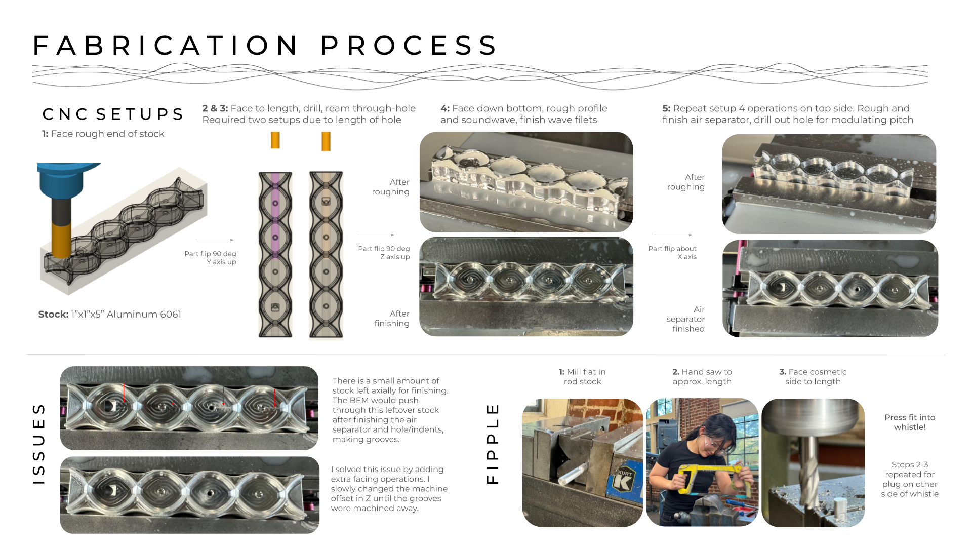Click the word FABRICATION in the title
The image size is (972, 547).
[166, 46]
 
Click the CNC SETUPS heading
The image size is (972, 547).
[113, 114]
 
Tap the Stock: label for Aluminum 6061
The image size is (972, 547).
[53, 314]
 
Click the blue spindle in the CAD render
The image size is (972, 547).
[63, 180]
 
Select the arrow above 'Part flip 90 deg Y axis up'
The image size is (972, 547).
[215, 240]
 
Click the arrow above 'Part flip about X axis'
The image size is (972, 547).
[673, 235]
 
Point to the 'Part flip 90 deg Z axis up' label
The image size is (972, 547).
[384, 253]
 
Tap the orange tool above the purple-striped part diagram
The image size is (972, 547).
[275, 140]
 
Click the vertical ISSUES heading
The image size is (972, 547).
[39, 444]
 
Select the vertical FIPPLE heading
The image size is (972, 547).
[493, 444]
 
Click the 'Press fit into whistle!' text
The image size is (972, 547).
[910, 422]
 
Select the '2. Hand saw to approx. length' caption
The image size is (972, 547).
[702, 376]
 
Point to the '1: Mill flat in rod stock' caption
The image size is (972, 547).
[582, 376]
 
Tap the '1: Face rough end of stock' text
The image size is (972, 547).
[103, 134]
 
